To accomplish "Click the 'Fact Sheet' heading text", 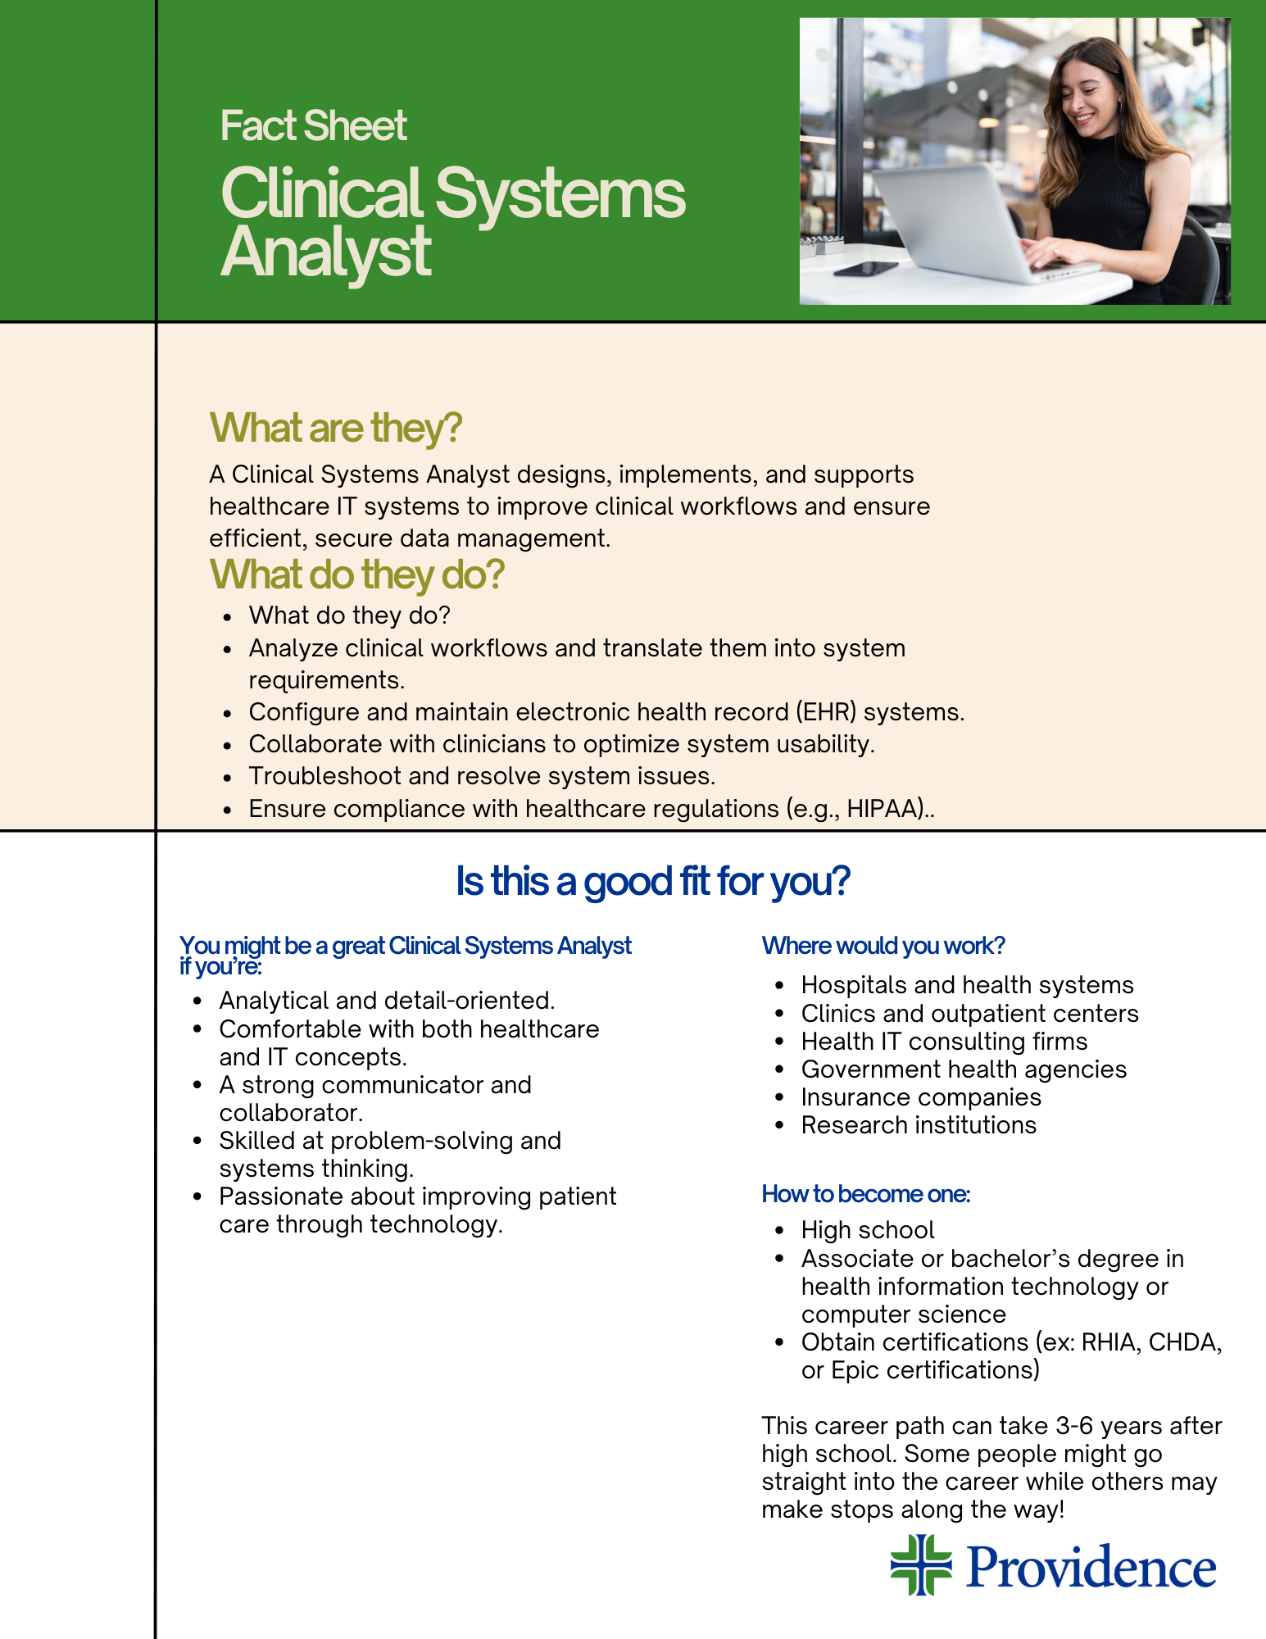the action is pyautogui.click(x=314, y=126).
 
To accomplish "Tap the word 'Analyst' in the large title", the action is pyautogui.click(x=326, y=252).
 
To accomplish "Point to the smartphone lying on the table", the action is pyautogui.click(x=865, y=269).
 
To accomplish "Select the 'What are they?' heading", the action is pyautogui.click(x=336, y=428).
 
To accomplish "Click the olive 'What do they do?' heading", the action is pyautogui.click(x=357, y=574).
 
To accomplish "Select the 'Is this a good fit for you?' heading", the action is pyautogui.click(x=653, y=882).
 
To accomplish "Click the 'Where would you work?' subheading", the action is pyautogui.click(x=883, y=946).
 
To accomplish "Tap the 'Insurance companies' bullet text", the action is pyautogui.click(x=921, y=1097).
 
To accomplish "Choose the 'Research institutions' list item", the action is pyautogui.click(x=919, y=1125).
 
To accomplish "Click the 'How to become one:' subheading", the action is pyautogui.click(x=866, y=1194).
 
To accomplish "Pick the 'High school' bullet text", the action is pyautogui.click(x=868, y=1230).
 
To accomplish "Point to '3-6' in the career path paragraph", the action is pyautogui.click(x=1074, y=1426).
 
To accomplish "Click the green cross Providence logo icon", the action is pyautogui.click(x=921, y=1565).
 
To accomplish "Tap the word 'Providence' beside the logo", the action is pyautogui.click(x=1091, y=1567).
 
